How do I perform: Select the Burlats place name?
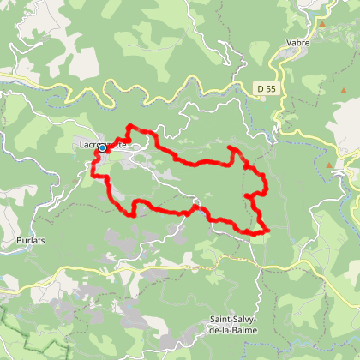[30, 242]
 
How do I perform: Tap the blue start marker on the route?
[102, 147]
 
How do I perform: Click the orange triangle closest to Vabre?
[322, 23]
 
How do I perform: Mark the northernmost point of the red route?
[129, 127]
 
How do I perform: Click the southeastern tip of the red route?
[267, 230]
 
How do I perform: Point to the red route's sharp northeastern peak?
[231, 149]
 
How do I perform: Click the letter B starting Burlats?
[19, 242]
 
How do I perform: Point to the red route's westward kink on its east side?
[247, 197]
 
